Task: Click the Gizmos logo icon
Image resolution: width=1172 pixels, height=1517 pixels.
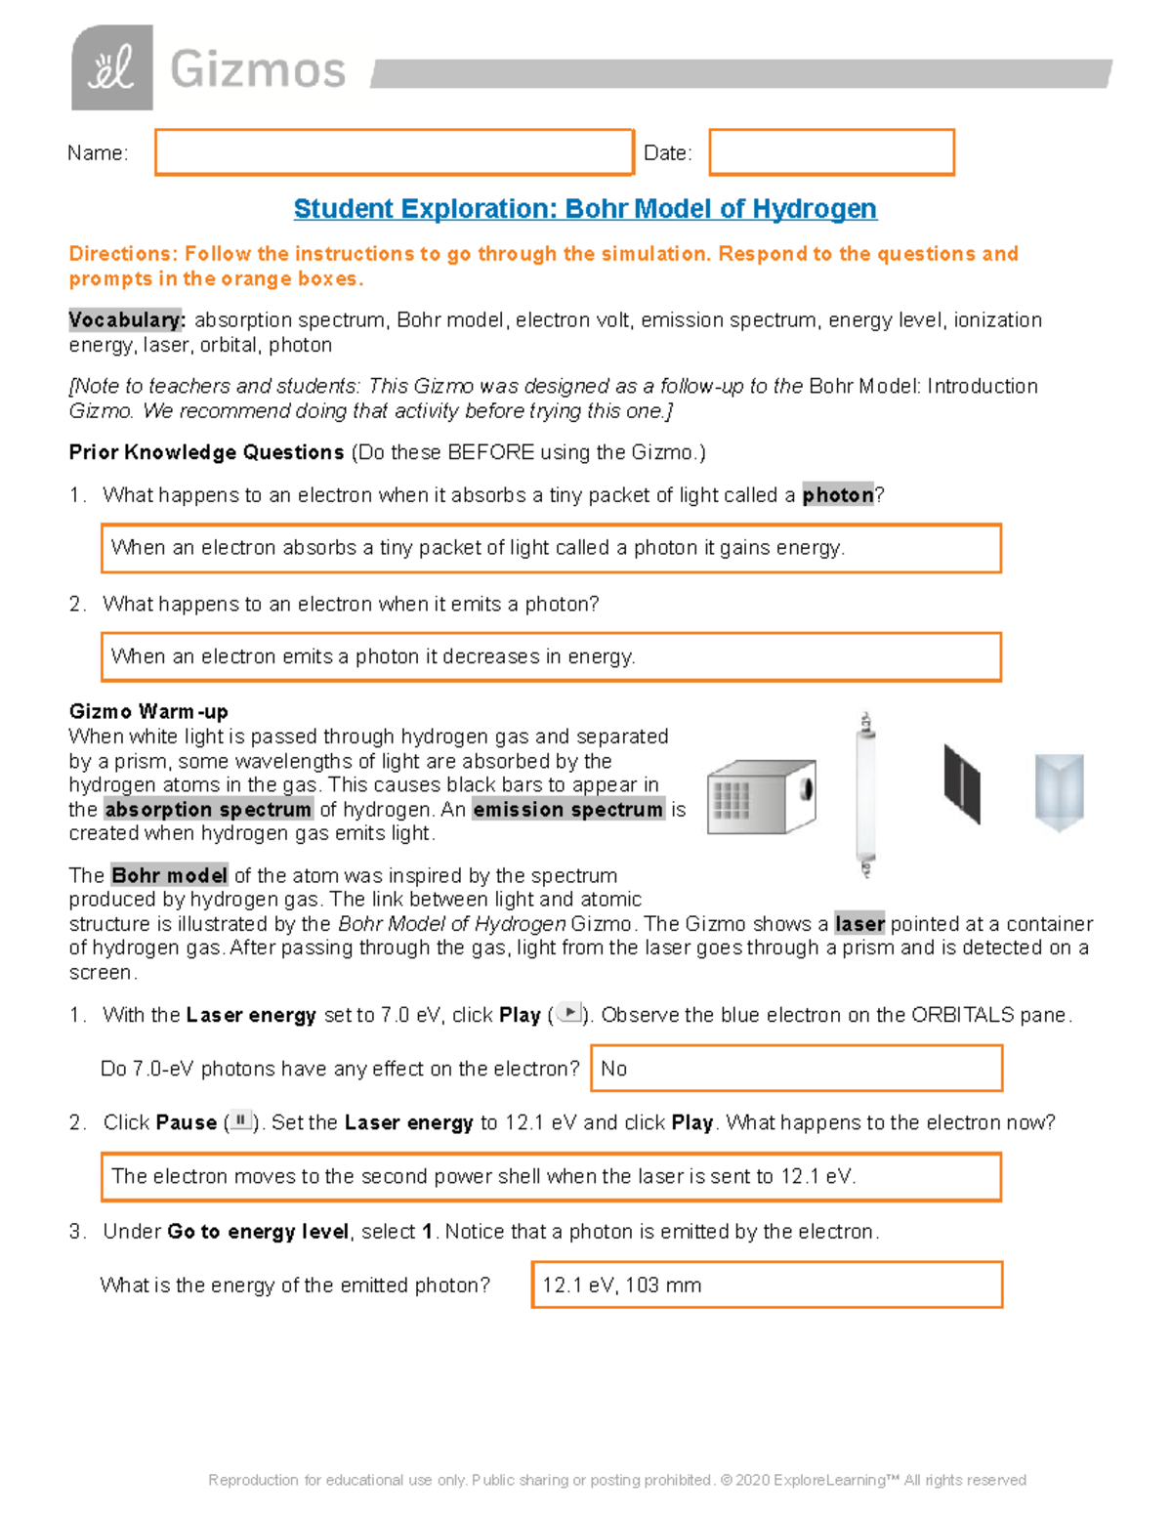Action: click(112, 67)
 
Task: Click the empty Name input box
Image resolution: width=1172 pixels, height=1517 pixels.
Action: click(394, 153)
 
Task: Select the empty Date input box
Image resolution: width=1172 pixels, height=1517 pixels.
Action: click(831, 153)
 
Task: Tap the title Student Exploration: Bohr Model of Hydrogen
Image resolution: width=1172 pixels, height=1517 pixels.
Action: click(585, 209)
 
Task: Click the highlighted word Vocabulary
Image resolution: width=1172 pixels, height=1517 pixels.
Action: click(125, 320)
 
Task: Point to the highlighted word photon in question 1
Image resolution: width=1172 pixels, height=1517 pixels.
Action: click(837, 495)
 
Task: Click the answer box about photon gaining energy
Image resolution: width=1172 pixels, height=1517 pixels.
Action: click(551, 548)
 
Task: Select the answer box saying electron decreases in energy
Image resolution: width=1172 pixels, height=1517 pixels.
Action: click(551, 657)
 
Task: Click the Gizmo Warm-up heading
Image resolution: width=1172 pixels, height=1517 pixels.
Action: click(148, 711)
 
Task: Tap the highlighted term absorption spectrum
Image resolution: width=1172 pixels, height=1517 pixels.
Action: click(208, 810)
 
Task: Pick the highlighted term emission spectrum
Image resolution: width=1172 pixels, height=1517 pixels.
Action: click(567, 810)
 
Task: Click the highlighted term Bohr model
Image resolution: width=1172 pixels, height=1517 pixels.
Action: click(169, 875)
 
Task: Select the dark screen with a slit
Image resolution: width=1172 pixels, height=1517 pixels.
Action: click(961, 784)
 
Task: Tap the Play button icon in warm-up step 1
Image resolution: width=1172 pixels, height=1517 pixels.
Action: click(568, 1014)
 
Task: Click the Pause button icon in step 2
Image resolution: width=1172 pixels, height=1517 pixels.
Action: click(240, 1121)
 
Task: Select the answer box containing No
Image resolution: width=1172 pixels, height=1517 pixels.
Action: click(796, 1069)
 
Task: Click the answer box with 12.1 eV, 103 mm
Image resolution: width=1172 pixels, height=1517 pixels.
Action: click(767, 1285)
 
